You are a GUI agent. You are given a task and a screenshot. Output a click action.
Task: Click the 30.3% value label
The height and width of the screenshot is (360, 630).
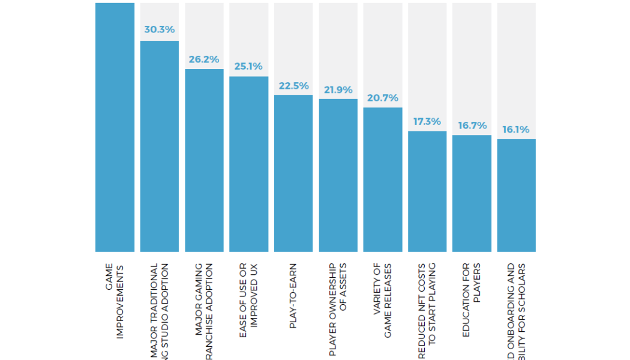(x=159, y=29)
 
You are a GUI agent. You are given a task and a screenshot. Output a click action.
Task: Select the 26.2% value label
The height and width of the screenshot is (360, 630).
(x=204, y=59)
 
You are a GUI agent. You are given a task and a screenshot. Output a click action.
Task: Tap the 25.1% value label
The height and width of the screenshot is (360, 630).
(x=248, y=66)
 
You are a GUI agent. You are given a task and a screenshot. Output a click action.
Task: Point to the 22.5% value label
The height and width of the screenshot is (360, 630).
(x=293, y=85)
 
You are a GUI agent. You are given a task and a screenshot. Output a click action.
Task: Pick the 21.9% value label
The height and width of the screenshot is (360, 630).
(x=338, y=89)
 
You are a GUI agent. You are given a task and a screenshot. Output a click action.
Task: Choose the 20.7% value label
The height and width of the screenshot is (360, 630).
(x=382, y=97)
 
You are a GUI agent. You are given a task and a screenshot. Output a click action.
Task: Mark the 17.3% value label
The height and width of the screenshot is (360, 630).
(x=427, y=121)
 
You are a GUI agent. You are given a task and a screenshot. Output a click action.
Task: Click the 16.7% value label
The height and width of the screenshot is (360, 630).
(x=472, y=125)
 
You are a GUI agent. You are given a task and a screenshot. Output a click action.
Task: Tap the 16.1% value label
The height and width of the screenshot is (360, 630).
(x=516, y=129)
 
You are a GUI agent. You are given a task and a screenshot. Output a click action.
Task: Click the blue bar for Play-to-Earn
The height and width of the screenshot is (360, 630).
(x=293, y=173)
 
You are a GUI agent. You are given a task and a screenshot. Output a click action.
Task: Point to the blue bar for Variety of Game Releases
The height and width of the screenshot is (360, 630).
(x=382, y=179)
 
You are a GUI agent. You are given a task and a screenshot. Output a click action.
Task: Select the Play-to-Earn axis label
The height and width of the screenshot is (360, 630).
(x=293, y=295)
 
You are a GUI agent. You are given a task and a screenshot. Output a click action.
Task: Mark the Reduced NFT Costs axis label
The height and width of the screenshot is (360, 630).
(x=427, y=311)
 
